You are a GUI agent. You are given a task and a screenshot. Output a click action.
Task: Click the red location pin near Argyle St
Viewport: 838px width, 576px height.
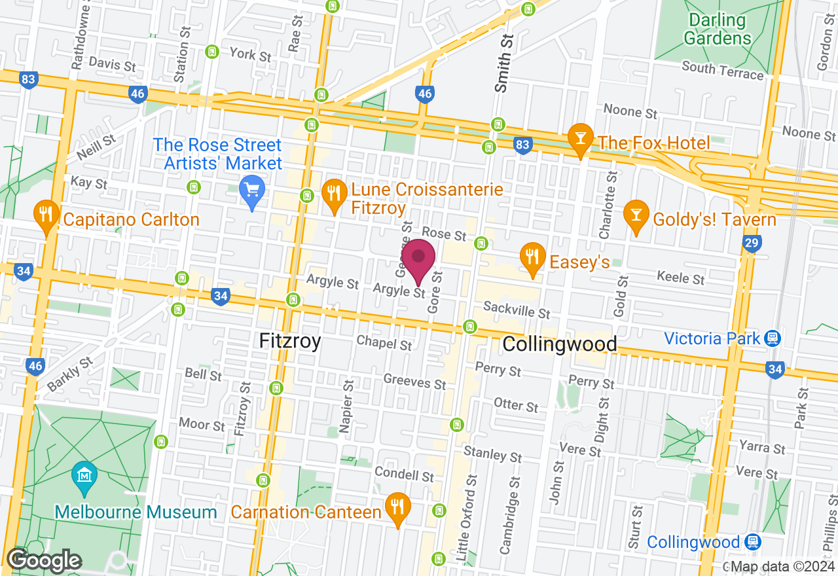[x=418, y=260]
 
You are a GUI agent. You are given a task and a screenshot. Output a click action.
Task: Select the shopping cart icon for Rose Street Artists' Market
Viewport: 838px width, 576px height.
[x=251, y=192]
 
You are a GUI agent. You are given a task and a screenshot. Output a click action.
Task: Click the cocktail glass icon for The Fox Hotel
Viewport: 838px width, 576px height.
[x=580, y=137]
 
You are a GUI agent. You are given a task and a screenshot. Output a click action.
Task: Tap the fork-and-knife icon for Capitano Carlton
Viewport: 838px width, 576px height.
[x=46, y=215]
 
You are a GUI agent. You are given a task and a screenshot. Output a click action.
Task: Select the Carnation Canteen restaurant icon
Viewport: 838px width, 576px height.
[x=397, y=507]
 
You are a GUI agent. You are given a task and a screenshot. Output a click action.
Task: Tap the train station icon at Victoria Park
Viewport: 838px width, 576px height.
[x=773, y=338]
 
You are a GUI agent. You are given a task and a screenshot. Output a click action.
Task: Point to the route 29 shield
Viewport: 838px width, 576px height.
[x=752, y=245]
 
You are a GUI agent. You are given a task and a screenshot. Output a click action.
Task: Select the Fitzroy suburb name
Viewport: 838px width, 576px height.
[x=290, y=341]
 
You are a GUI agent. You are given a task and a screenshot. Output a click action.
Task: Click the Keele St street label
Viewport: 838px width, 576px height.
[x=681, y=278]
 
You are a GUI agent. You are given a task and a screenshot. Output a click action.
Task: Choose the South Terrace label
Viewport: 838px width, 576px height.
[x=722, y=69]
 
